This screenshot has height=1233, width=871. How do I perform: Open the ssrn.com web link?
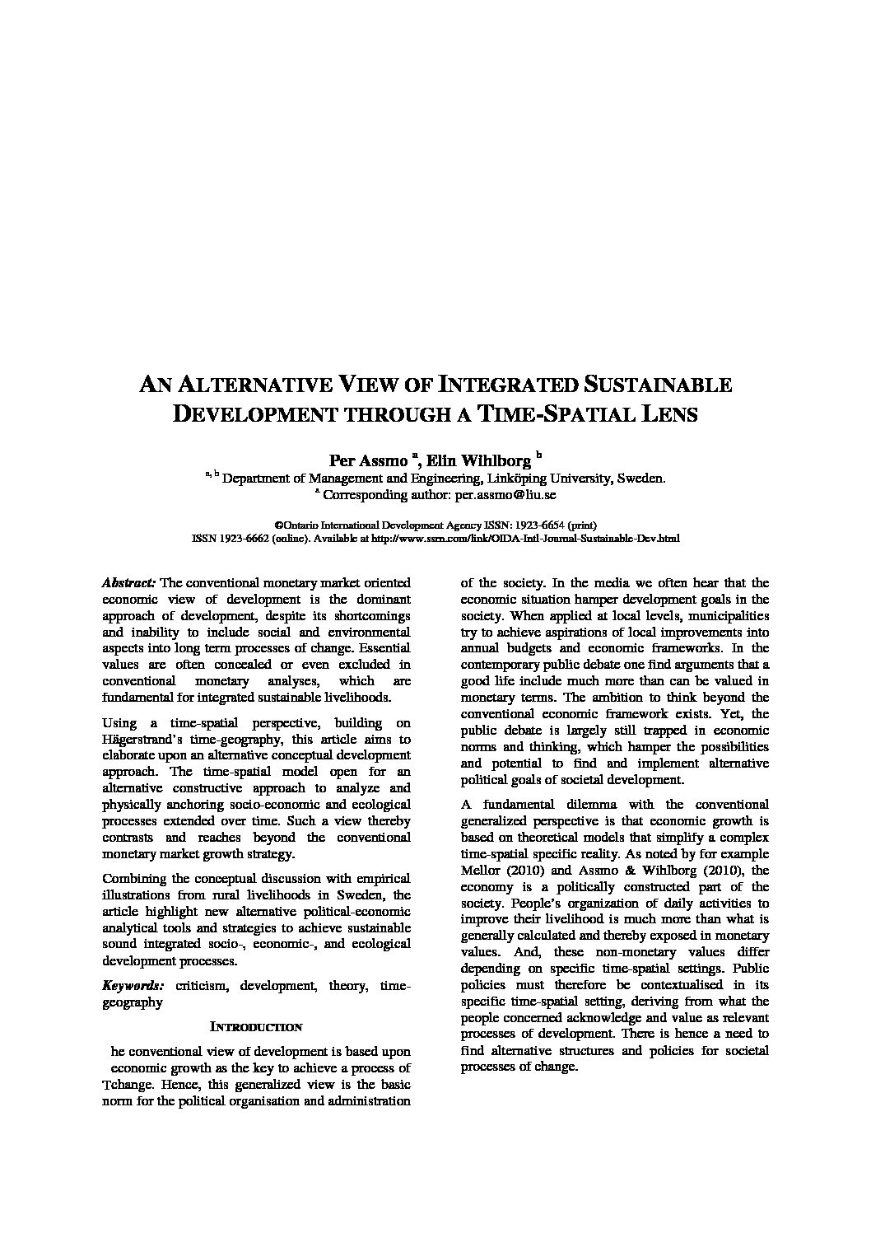[526, 539]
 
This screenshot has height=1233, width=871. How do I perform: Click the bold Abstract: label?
[128, 582]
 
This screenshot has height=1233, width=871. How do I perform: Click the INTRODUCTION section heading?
[256, 1027]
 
